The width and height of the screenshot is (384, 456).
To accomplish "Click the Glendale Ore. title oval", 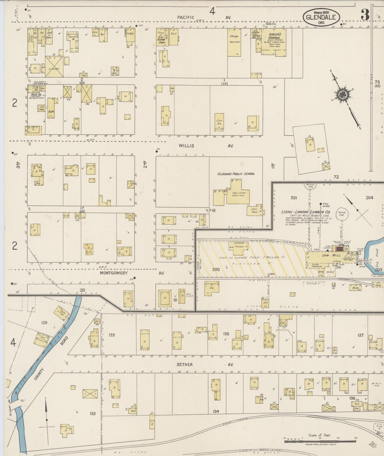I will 321,17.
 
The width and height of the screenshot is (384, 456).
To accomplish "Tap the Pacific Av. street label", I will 204,17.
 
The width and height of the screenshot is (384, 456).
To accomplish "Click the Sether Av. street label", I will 203,364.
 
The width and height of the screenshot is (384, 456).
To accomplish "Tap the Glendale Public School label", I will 236,174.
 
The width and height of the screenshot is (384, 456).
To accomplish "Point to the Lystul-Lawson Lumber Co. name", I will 306,212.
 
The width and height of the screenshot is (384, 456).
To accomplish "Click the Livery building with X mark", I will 54,67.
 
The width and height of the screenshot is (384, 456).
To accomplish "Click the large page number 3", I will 365,15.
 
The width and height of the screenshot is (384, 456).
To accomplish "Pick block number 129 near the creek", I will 44,323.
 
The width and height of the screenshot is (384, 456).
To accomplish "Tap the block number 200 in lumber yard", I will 216,270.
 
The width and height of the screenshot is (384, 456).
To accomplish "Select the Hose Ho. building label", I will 36,94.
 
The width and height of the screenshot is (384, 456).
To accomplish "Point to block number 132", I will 92,413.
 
